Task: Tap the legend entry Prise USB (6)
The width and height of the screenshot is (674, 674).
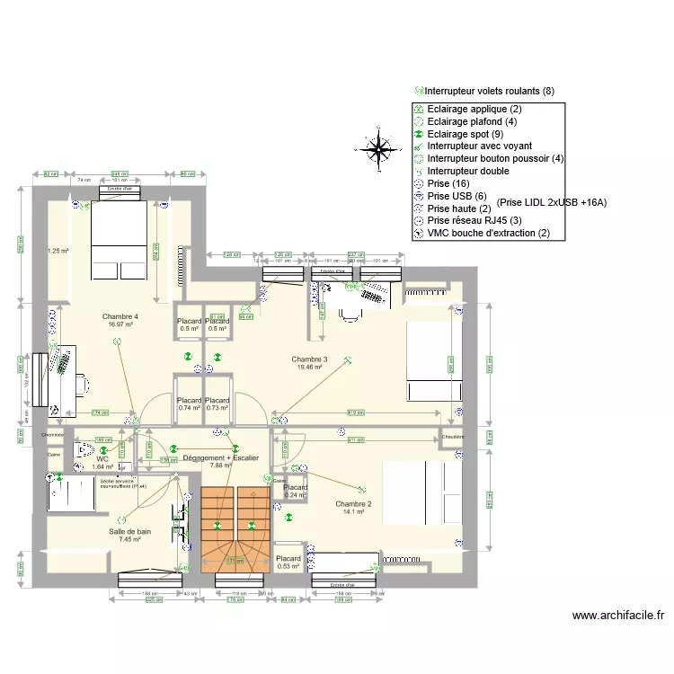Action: pos(457,196)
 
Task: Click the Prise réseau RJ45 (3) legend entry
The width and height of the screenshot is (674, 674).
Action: pos(474,220)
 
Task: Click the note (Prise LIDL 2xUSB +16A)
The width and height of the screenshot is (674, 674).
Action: pos(551,202)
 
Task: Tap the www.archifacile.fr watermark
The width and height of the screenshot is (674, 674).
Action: pos(617,616)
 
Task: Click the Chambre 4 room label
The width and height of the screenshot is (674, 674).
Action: pos(120,316)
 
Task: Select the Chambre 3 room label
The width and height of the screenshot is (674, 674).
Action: pos(309,359)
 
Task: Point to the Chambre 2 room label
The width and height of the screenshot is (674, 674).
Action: pos(353,504)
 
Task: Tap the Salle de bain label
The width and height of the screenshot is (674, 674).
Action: pos(130,532)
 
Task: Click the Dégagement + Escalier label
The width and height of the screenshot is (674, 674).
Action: pos(220,458)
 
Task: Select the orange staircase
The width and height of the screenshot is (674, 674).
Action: pos(235,530)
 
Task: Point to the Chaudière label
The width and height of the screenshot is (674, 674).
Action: pos(452,438)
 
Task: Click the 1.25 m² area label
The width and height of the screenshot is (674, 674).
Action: pos(58,252)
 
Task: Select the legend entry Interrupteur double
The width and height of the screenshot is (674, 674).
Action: pos(467,171)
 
